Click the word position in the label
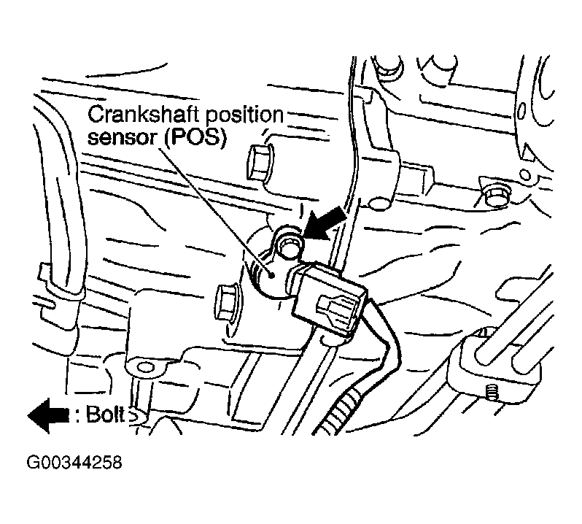[244, 116]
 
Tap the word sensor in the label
[123, 138]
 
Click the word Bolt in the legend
[106, 414]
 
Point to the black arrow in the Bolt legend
[48, 415]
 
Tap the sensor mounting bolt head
[287, 246]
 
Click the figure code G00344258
[74, 463]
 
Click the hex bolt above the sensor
[260, 163]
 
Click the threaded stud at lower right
[492, 393]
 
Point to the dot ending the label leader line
[273, 275]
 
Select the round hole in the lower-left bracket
[146, 368]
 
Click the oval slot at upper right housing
[521, 111]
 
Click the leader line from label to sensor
[216, 212]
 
